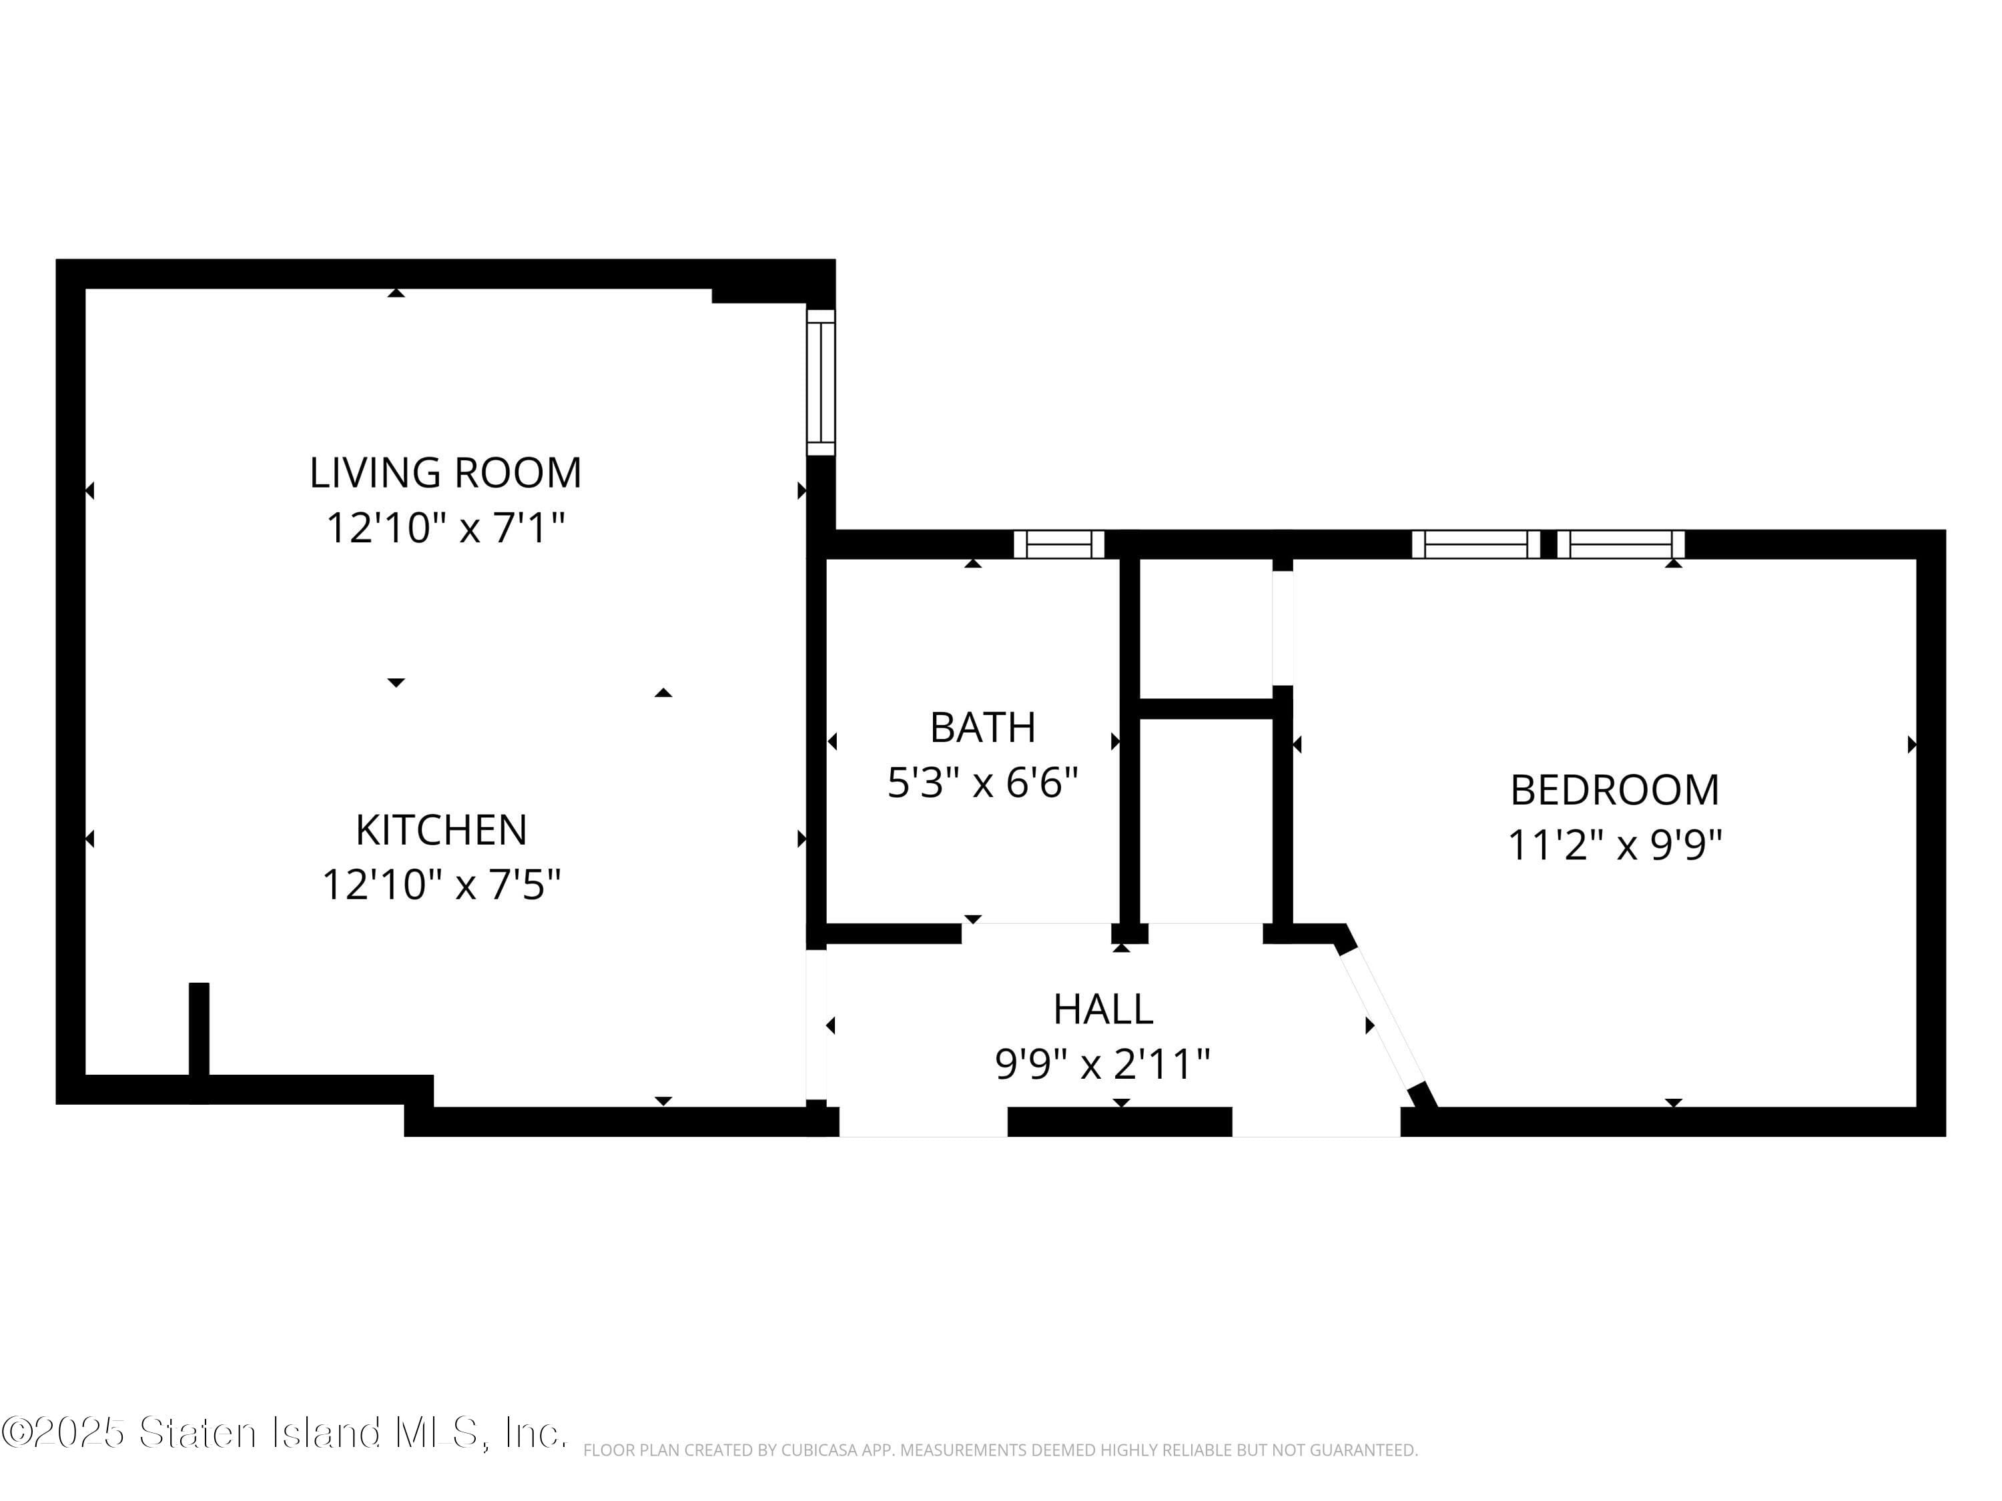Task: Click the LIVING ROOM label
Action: (444, 473)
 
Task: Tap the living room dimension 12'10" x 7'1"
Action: (444, 528)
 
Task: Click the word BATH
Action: (982, 727)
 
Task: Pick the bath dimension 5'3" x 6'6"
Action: (982, 783)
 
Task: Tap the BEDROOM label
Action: (1614, 790)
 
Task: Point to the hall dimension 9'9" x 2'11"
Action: (1102, 1064)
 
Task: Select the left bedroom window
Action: (1475, 544)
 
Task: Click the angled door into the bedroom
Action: (1382, 1019)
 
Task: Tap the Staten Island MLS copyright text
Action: (284, 1432)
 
